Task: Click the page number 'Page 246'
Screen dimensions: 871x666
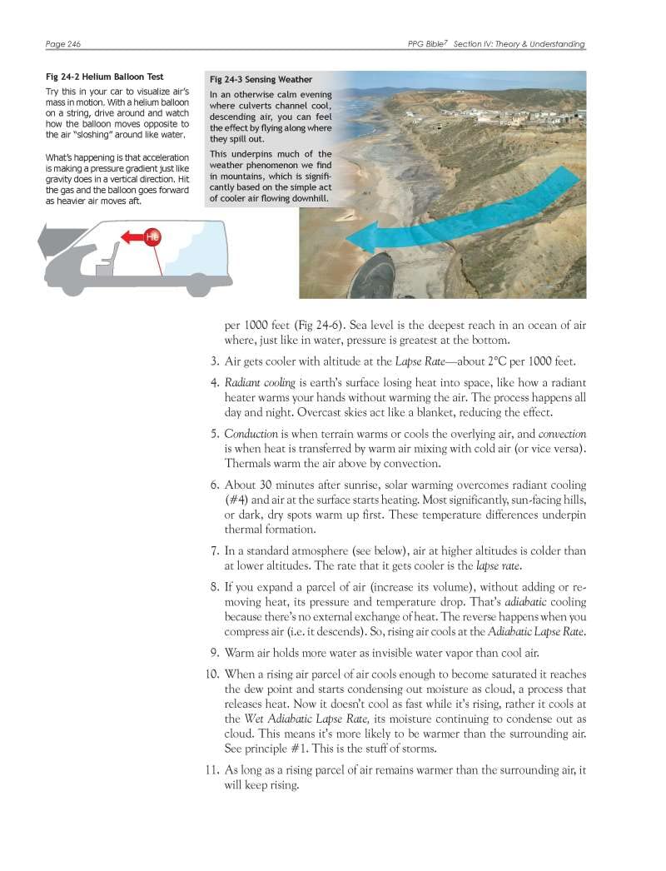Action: point(63,44)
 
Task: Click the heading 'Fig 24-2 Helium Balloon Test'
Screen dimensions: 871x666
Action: point(104,77)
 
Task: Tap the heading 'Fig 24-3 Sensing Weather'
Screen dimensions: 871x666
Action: point(249,80)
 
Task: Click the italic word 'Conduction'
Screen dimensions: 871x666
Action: point(251,434)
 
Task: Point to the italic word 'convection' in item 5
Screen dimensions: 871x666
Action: point(562,434)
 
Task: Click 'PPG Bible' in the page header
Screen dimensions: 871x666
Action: point(428,44)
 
